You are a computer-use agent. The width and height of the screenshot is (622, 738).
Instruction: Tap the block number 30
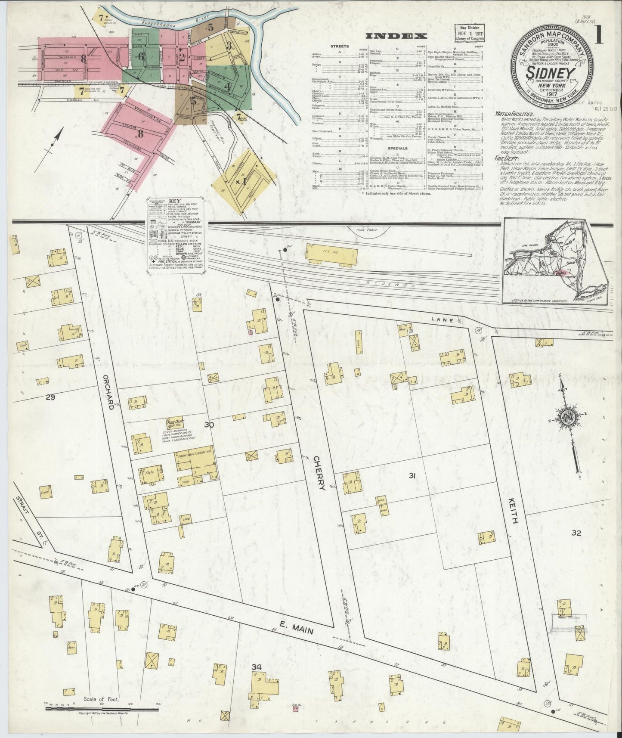[x=209, y=425]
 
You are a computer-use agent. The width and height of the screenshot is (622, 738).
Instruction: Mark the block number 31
[x=412, y=476]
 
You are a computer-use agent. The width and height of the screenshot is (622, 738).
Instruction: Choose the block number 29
[x=50, y=397]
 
